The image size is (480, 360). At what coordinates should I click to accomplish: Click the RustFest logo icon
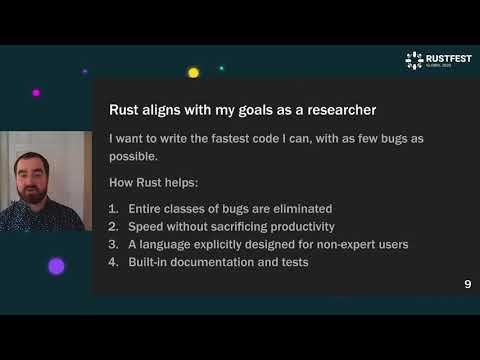[414, 60]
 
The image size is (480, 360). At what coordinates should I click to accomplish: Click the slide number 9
[467, 285]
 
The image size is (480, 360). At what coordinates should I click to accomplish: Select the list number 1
[114, 208]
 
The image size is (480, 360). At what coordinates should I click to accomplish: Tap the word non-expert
[327, 244]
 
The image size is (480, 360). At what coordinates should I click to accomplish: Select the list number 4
[114, 262]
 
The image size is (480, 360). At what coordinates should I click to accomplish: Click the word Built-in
[151, 262]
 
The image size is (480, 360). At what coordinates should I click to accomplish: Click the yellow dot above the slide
[193, 72]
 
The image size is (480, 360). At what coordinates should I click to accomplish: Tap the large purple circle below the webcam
[56, 265]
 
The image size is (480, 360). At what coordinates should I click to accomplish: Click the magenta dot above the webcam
[36, 92]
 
